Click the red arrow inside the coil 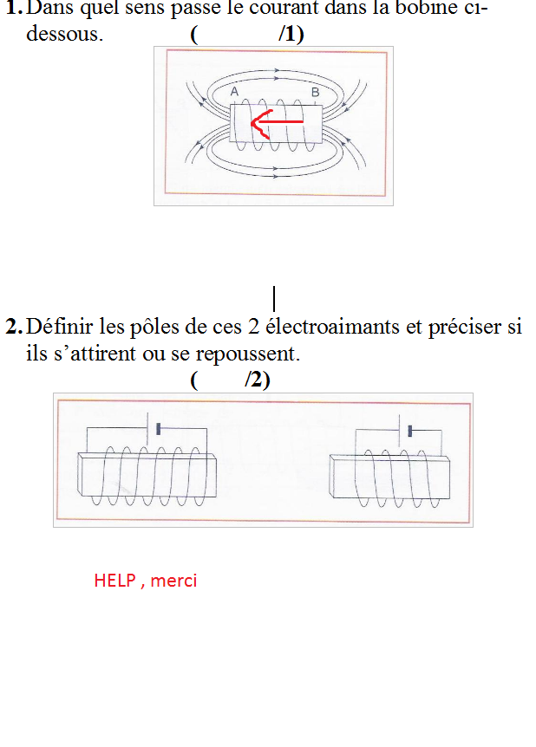click(277, 122)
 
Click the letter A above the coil click(234, 92)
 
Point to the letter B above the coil click(315, 93)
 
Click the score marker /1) click(291, 35)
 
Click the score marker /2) click(258, 380)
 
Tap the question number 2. click(14, 327)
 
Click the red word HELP click(115, 581)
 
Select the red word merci click(173, 581)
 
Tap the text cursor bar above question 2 click(274, 299)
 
